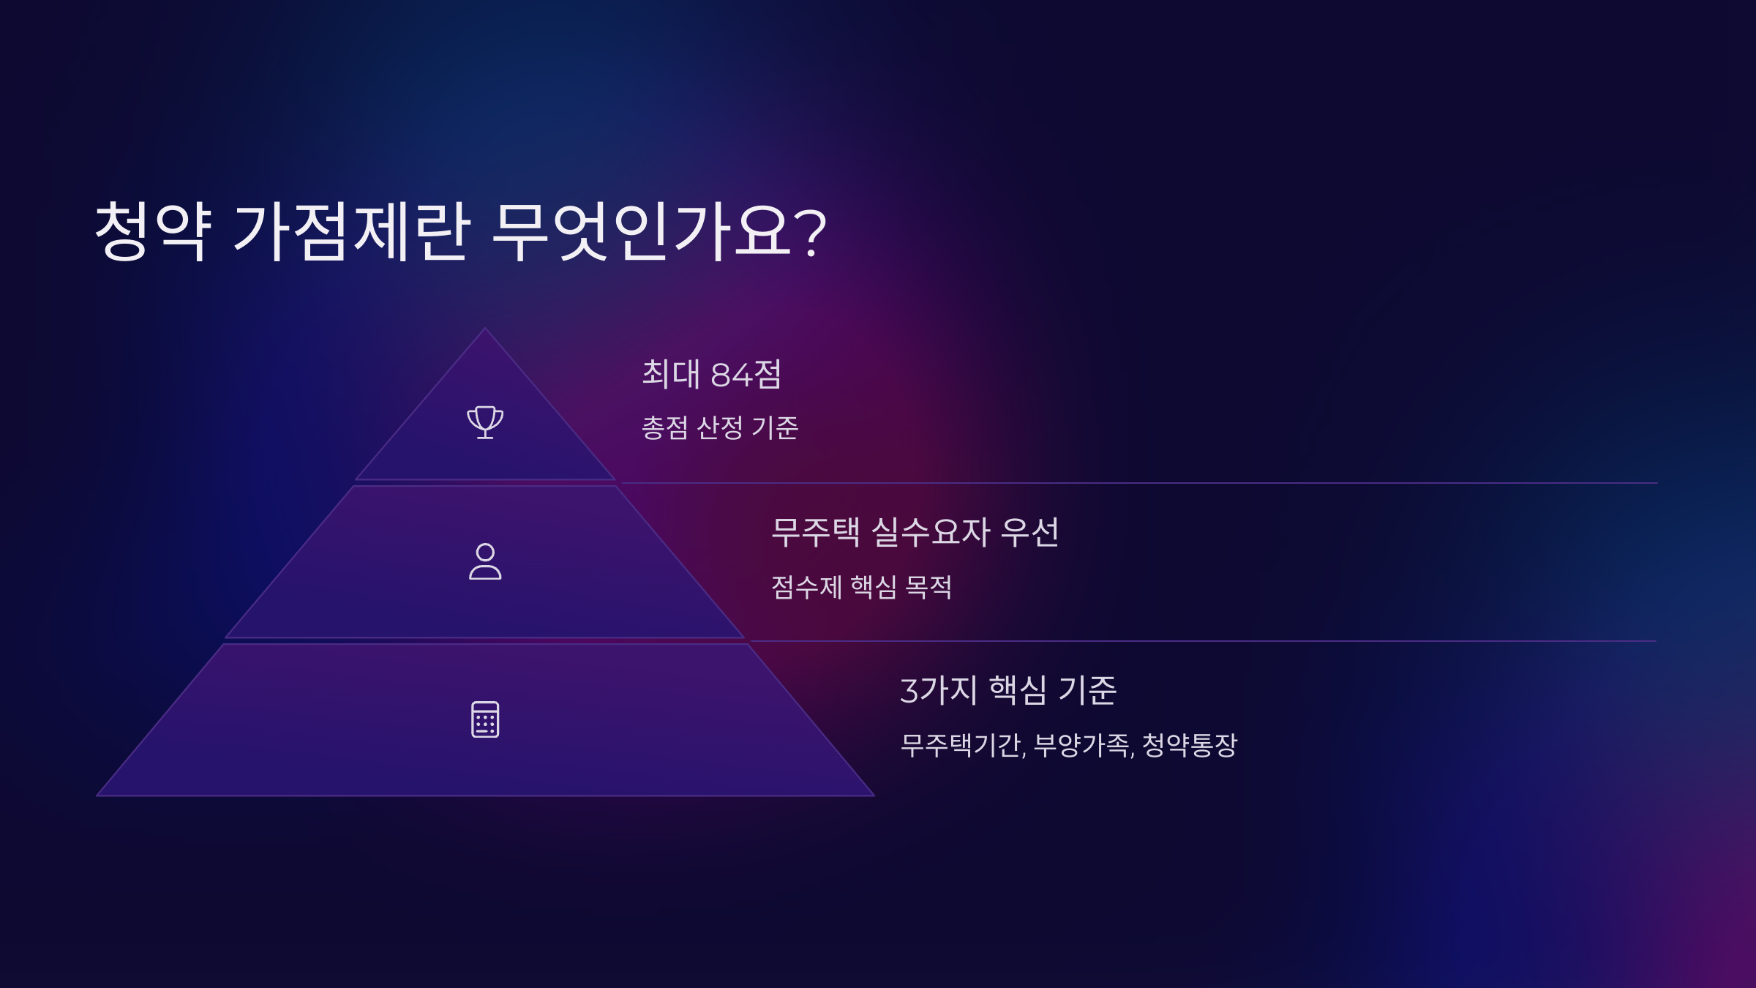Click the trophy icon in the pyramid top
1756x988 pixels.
click(485, 422)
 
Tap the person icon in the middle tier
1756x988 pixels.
click(485, 561)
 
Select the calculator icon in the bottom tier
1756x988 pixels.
click(485, 719)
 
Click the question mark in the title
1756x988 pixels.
click(811, 233)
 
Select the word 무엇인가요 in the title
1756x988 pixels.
click(641, 231)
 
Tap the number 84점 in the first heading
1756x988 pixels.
click(746, 375)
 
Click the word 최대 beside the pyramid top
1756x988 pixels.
click(671, 374)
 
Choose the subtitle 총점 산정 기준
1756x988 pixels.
click(720, 428)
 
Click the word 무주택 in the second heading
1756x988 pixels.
click(816, 532)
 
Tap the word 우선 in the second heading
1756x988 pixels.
click(1029, 532)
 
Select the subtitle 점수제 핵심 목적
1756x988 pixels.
click(861, 587)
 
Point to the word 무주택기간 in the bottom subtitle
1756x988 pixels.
click(961, 746)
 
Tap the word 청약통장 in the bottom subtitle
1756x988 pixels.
click(1190, 746)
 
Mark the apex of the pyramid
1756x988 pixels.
click(484, 329)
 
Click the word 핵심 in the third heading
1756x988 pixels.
click(1018, 690)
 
